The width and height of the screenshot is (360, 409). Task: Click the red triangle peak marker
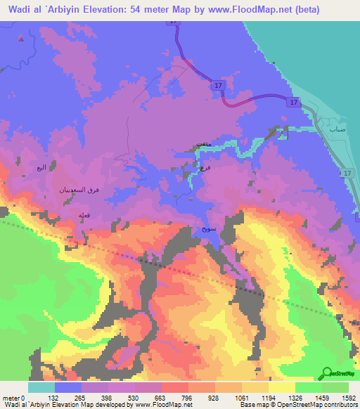point(21,38)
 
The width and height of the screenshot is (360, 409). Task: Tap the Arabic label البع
point(41,167)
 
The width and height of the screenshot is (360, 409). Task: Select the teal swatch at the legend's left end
point(41,387)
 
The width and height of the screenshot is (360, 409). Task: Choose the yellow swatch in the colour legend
point(282,387)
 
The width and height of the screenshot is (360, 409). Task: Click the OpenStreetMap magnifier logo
point(326,373)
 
